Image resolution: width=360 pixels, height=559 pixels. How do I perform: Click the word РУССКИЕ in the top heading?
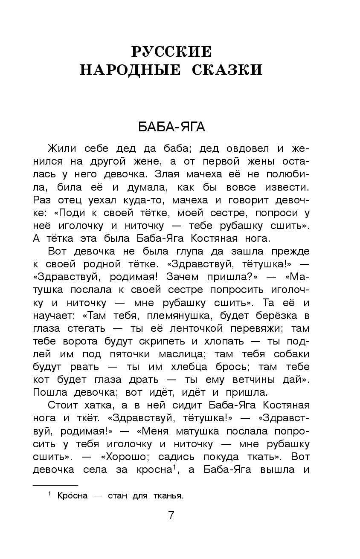[x=171, y=52]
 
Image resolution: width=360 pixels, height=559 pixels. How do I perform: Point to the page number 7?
[x=171, y=515]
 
